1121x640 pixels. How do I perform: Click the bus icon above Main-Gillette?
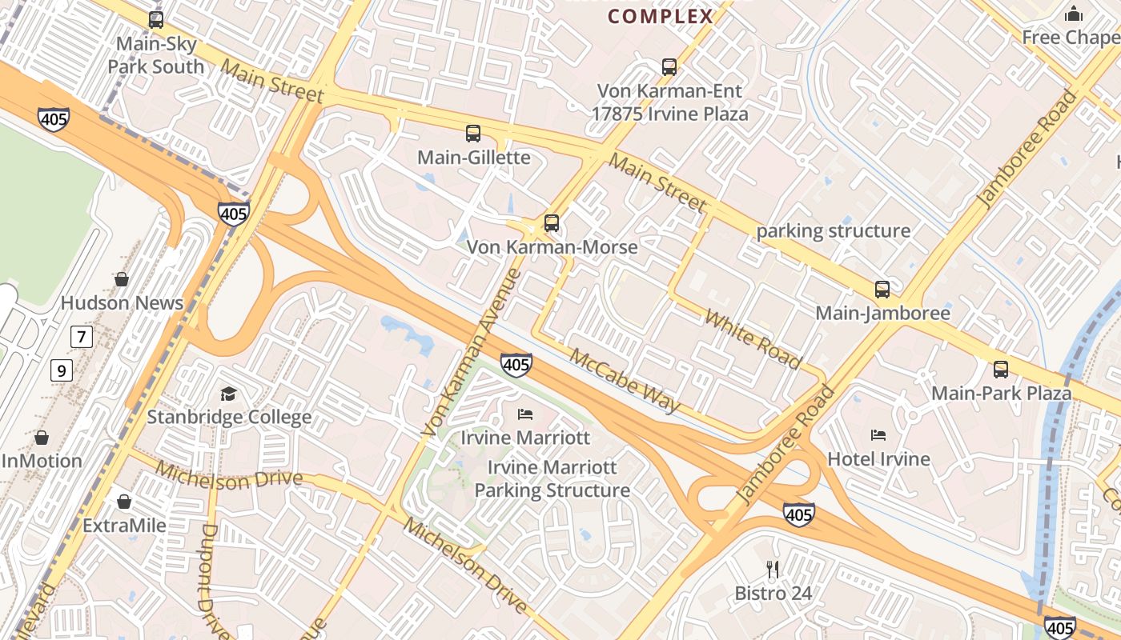click(473, 134)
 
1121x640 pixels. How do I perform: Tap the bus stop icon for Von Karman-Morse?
click(552, 223)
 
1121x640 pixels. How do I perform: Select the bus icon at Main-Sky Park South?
click(156, 20)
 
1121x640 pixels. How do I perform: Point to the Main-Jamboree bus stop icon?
click(882, 290)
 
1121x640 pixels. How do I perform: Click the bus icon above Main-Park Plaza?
click(1001, 370)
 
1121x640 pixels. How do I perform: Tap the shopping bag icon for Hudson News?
click(122, 279)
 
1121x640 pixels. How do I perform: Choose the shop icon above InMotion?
click(42, 438)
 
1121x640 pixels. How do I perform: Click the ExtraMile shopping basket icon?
click(124, 502)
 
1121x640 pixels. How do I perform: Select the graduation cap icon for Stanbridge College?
click(229, 394)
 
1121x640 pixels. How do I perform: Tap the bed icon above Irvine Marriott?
click(525, 414)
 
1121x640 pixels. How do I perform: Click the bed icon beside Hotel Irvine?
click(878, 435)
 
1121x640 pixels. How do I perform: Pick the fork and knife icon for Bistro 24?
click(773, 570)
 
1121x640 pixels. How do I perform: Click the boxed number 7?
click(81, 337)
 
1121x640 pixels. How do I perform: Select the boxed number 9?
click(61, 370)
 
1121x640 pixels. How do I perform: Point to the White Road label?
click(753, 338)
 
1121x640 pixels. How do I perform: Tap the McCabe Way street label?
click(625, 380)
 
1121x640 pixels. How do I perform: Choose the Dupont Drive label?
click(215, 580)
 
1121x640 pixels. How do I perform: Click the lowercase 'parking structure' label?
click(834, 231)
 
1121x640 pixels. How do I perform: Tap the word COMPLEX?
click(661, 16)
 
